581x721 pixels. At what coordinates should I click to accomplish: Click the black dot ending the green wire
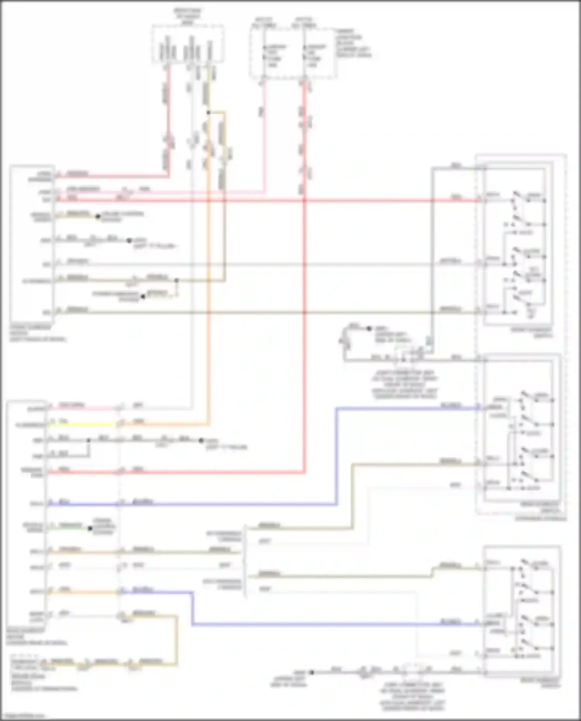coord(90,528)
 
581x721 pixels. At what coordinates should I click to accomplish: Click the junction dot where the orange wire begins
coord(208,112)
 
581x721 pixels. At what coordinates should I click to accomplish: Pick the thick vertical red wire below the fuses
coord(305,310)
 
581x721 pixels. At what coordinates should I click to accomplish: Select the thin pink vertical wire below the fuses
coord(265,136)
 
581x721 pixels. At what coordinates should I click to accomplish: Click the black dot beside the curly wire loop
coord(369,329)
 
